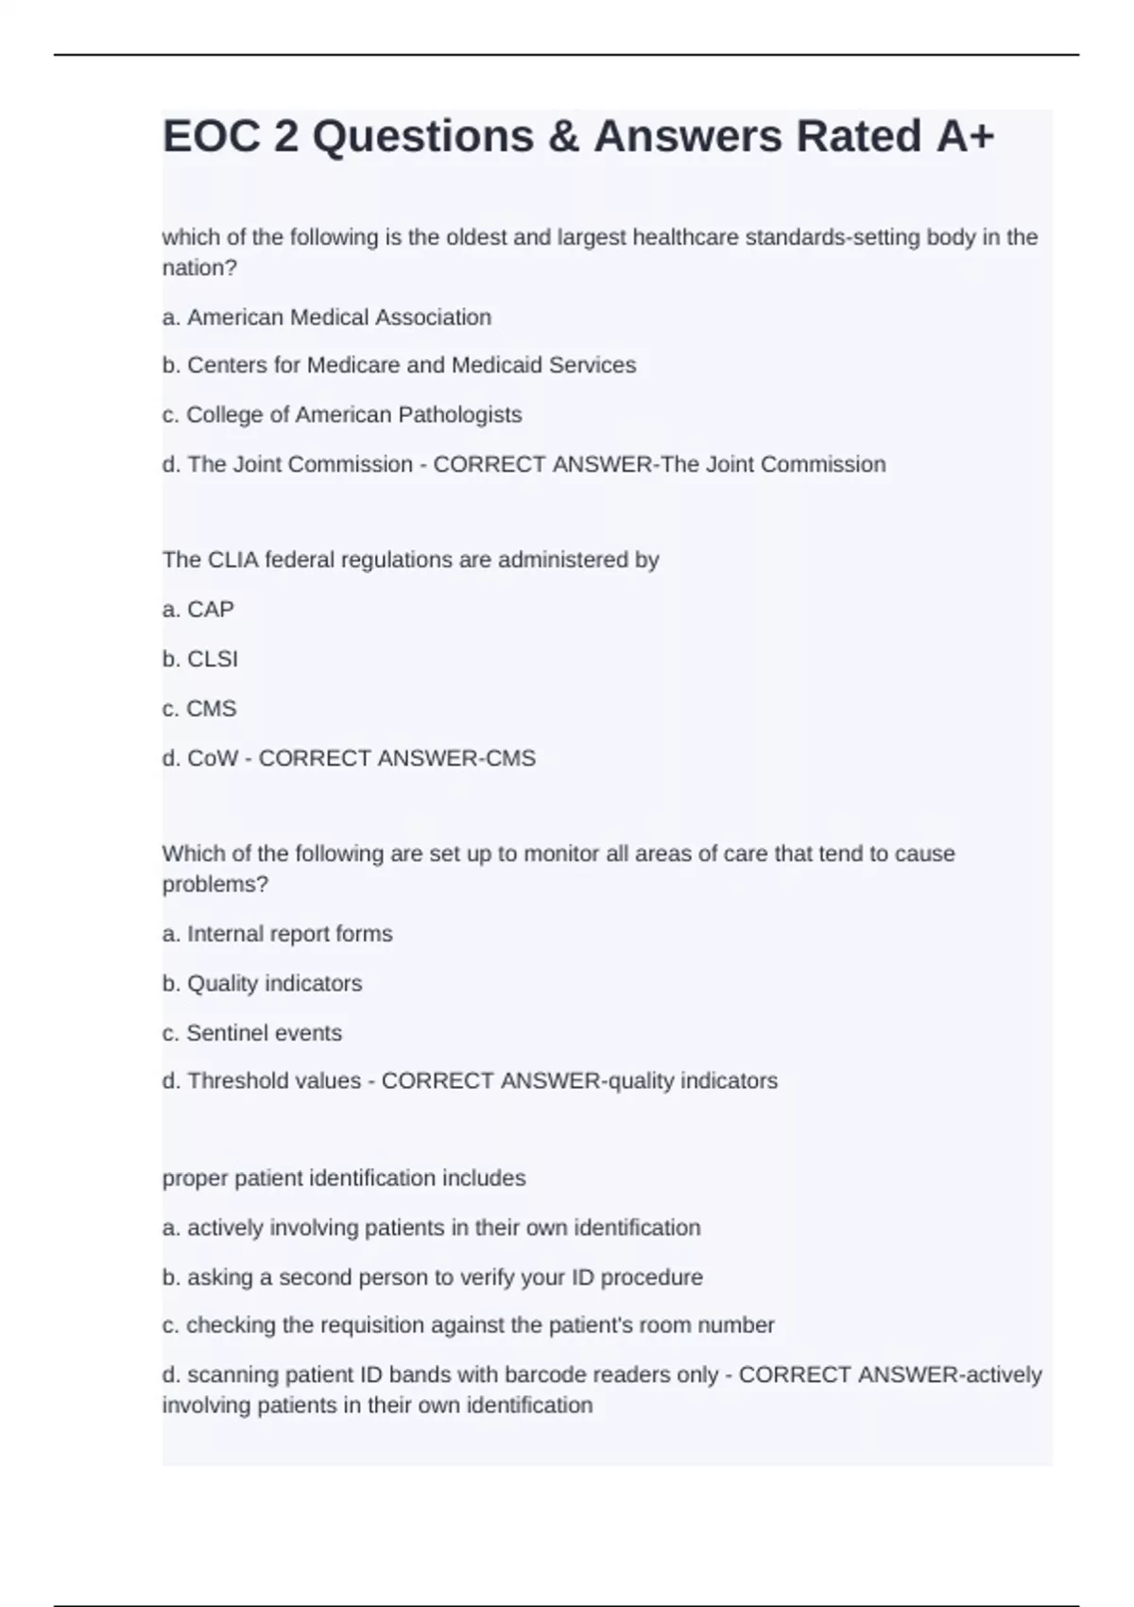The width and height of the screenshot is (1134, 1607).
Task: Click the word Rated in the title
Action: click(858, 136)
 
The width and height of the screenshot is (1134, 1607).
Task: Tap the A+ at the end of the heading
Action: click(965, 136)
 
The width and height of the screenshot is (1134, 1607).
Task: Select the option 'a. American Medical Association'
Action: click(327, 318)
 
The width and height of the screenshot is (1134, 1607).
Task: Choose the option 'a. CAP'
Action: click(198, 610)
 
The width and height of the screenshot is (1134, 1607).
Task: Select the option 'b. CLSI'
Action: click(200, 659)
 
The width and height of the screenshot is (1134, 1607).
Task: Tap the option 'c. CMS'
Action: click(199, 709)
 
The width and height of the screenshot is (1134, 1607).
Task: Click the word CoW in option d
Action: click(213, 759)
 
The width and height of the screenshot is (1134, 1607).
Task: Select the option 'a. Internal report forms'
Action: click(277, 934)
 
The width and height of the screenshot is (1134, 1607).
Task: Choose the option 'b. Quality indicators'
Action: click(262, 984)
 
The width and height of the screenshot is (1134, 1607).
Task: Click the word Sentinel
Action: click(228, 1033)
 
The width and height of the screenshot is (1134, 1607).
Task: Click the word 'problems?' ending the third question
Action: click(215, 885)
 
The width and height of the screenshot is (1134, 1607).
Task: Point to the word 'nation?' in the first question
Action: click(199, 268)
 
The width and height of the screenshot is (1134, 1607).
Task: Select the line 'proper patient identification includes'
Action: click(344, 1179)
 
